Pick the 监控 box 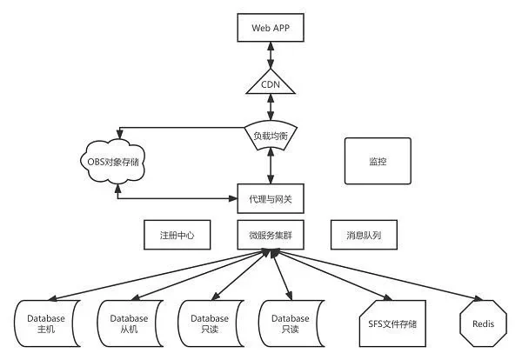[378, 161]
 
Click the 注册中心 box [176, 235]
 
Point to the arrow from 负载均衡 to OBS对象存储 [174, 130]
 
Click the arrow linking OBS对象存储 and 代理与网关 [174, 199]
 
